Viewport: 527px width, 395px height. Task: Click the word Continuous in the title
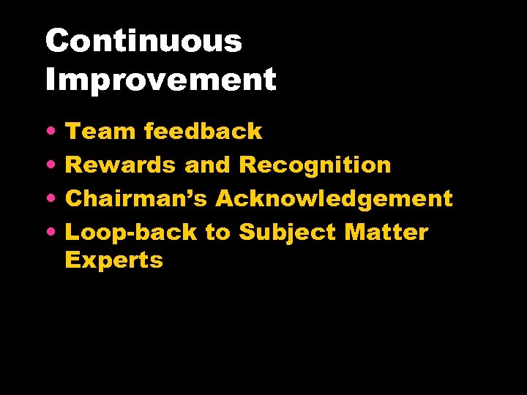click(143, 42)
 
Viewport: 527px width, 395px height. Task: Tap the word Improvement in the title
click(160, 79)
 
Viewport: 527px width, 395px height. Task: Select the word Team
click(101, 132)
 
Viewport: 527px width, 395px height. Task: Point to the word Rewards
click(121, 165)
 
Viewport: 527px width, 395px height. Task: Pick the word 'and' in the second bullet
click(207, 165)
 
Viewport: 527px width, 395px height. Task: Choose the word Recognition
click(315, 165)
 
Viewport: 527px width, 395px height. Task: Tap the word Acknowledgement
click(334, 199)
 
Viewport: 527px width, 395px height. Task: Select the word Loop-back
click(131, 233)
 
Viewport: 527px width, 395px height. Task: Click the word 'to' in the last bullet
click(217, 233)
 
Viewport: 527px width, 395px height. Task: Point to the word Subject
click(287, 233)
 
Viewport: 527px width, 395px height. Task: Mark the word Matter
click(386, 233)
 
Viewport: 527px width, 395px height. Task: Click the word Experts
click(113, 260)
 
